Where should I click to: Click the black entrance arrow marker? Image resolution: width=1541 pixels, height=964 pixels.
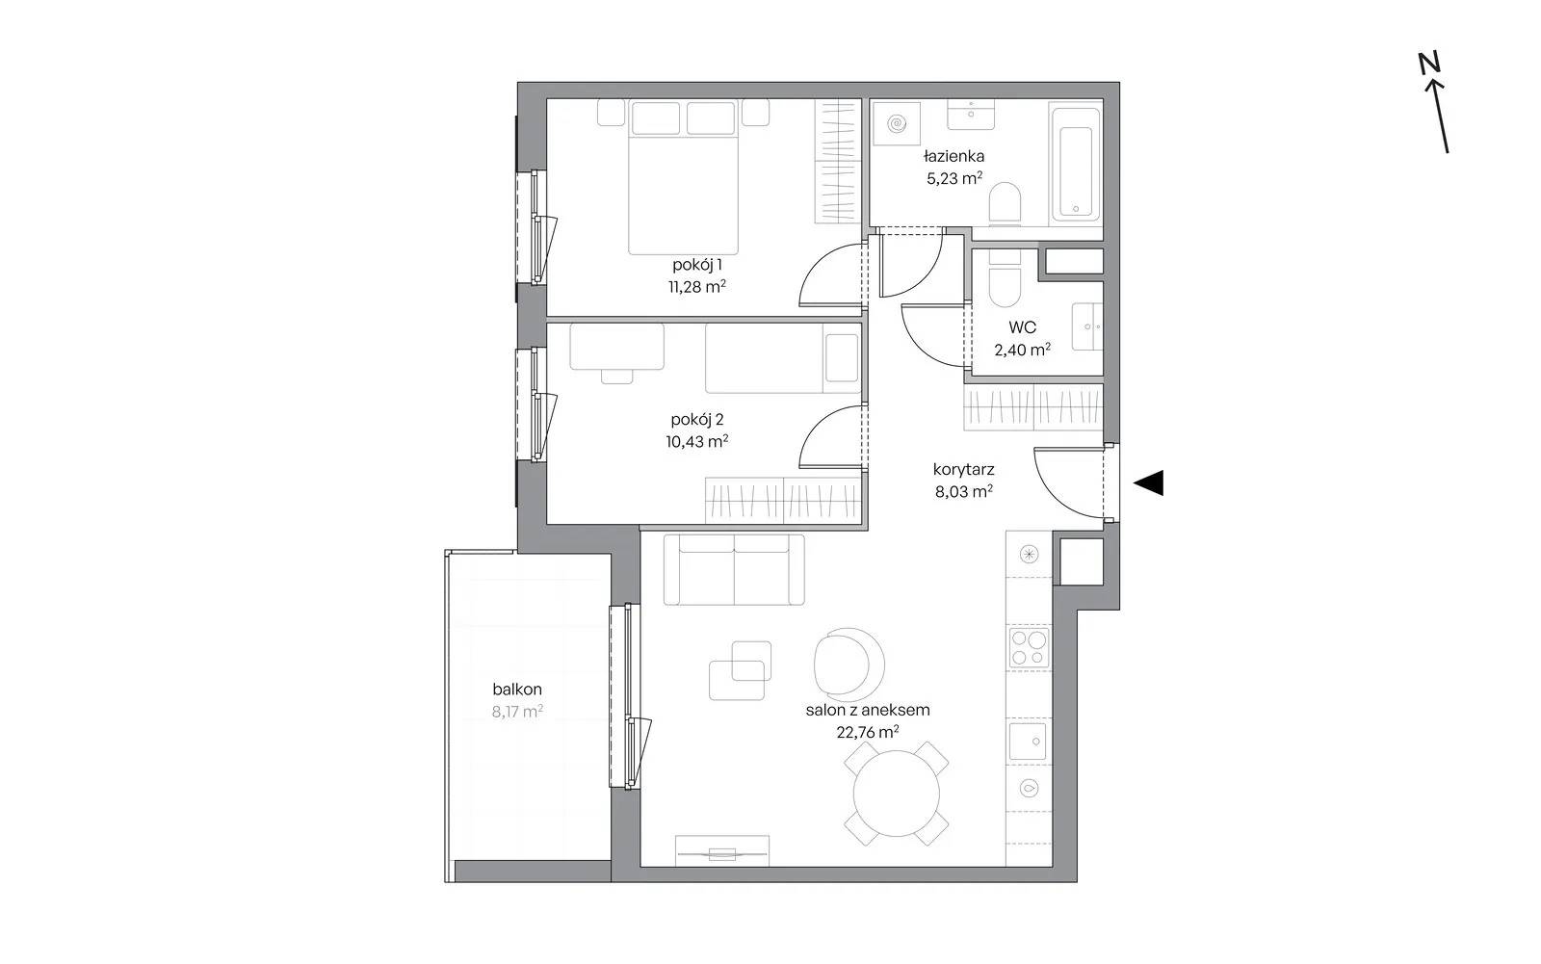pyautogui.click(x=1150, y=482)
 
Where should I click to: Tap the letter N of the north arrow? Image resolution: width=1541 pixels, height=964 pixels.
pyautogui.click(x=1429, y=63)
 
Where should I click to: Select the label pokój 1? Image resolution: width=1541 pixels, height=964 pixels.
pyautogui.click(x=697, y=264)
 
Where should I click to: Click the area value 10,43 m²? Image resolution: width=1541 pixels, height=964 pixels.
pyautogui.click(x=697, y=441)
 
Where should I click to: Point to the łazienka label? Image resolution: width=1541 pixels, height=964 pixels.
pyautogui.click(x=954, y=156)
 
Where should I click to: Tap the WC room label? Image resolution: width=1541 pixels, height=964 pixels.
pyautogui.click(x=1022, y=327)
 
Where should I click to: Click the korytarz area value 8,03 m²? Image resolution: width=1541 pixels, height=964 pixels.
pyautogui.click(x=964, y=491)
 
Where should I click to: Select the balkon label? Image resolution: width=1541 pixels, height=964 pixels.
pyautogui.click(x=517, y=689)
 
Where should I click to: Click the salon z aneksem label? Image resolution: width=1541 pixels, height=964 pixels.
pyautogui.click(x=868, y=710)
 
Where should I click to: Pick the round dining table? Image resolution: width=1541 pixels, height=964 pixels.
pyautogui.click(x=897, y=794)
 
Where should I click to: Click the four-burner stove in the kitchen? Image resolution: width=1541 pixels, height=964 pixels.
pyautogui.click(x=1030, y=647)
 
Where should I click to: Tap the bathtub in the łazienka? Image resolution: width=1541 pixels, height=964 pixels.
pyautogui.click(x=1075, y=163)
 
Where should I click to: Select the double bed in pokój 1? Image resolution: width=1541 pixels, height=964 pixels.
pyautogui.click(x=683, y=177)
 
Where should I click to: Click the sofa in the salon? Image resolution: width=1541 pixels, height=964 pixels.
pyautogui.click(x=734, y=570)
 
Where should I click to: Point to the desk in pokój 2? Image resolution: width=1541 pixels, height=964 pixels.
pyautogui.click(x=617, y=346)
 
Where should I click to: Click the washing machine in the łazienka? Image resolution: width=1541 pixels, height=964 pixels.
pyautogui.click(x=897, y=124)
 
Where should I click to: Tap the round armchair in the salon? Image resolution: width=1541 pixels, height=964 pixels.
pyautogui.click(x=849, y=663)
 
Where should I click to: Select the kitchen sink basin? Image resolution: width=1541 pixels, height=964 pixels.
pyautogui.click(x=1028, y=741)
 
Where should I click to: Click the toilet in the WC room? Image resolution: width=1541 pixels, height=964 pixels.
pyautogui.click(x=1005, y=278)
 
